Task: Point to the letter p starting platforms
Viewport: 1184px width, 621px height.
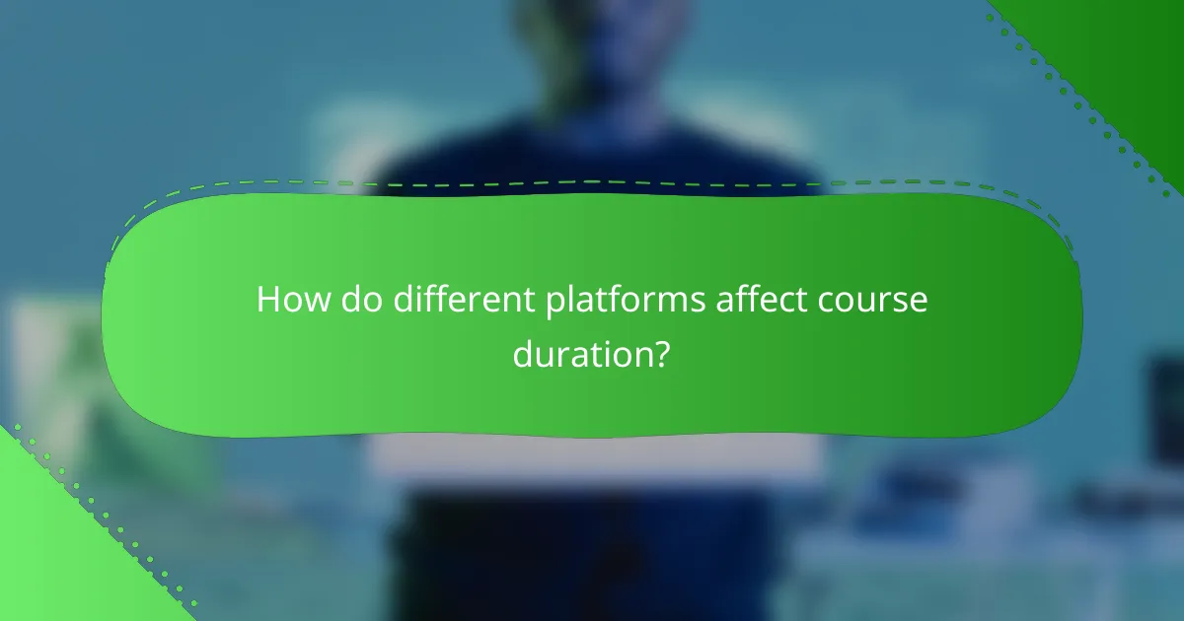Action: click(555, 305)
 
